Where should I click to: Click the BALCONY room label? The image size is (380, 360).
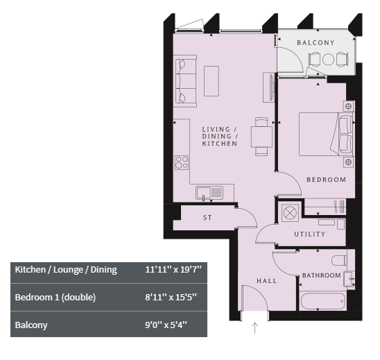316,43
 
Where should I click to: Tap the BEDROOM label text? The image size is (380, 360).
326,180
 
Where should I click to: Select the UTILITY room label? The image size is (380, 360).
309,234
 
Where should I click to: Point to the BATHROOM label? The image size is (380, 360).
321,275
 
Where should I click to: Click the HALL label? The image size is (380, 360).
266,281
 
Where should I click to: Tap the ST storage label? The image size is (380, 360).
207,217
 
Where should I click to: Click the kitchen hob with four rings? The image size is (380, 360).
182,162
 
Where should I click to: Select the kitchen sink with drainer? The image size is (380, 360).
209,193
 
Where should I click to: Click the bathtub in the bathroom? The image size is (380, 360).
323,301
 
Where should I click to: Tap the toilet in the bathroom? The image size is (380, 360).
339,261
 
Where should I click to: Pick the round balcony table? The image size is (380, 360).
329,59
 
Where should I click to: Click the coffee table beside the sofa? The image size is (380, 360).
211,81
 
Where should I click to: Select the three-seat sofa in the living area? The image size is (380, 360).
185,81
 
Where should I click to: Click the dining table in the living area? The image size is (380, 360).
261,137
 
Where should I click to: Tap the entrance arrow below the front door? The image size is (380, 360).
254,328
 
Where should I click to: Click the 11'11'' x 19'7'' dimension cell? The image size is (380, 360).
173,270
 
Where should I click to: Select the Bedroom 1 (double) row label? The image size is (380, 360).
55,297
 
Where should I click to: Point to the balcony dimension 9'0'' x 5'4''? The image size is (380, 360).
166,325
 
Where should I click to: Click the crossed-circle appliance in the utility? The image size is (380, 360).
290,212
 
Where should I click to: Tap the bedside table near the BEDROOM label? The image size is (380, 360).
349,162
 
